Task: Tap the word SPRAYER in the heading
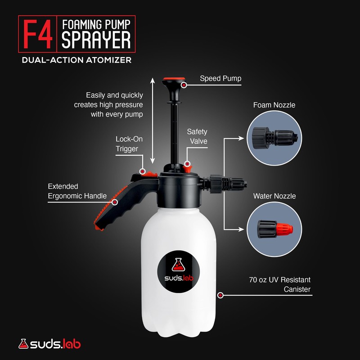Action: click(96, 40)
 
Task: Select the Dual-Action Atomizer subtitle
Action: click(76, 60)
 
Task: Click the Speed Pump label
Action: click(220, 79)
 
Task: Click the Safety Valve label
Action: click(197, 136)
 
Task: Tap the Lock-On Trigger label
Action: click(127, 144)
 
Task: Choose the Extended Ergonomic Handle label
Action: click(77, 191)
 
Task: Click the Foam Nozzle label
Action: click(274, 105)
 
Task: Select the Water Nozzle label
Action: click(274, 196)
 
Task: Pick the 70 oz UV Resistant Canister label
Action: click(279, 284)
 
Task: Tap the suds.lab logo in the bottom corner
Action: click(49, 345)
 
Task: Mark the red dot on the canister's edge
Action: click(220, 295)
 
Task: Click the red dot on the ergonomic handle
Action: click(115, 202)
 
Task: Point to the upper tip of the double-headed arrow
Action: click(153, 80)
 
